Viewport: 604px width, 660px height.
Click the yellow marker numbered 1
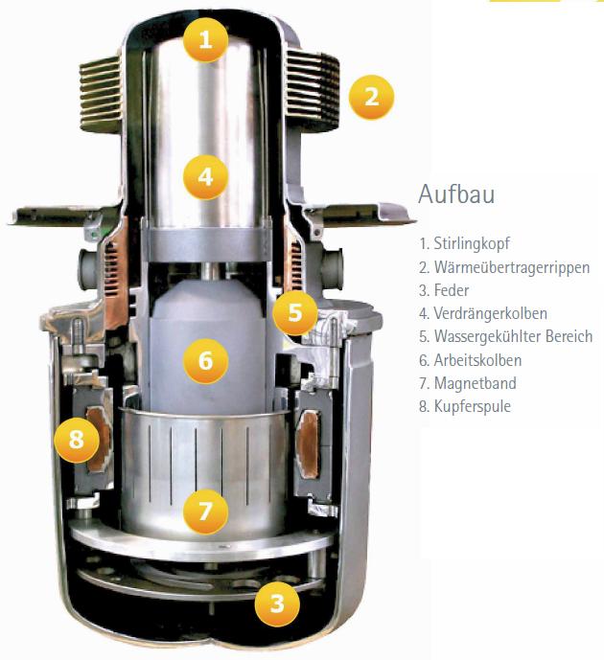[x=205, y=40]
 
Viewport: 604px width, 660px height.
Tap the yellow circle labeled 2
[x=371, y=97]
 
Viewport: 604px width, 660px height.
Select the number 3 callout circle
[x=277, y=603]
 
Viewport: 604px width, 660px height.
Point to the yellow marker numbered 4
[x=205, y=176]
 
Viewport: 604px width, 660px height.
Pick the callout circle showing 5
[x=295, y=312]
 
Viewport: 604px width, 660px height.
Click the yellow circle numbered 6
[x=205, y=361]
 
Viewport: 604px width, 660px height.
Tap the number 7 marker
[x=205, y=512]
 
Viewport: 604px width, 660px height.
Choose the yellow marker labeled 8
[x=77, y=440]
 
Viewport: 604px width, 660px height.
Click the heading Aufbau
[x=456, y=194]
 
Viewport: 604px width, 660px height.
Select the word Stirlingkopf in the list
[x=472, y=243]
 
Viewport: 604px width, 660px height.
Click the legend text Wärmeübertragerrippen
[x=512, y=267]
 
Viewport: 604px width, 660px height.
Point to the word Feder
[x=452, y=290]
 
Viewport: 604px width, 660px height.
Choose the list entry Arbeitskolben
[x=477, y=360]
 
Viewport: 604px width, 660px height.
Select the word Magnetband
[x=476, y=383]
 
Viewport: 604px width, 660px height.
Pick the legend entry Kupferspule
[x=472, y=406]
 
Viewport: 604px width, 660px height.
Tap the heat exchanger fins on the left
[x=101, y=95]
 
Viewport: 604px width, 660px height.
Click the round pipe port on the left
[x=87, y=269]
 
